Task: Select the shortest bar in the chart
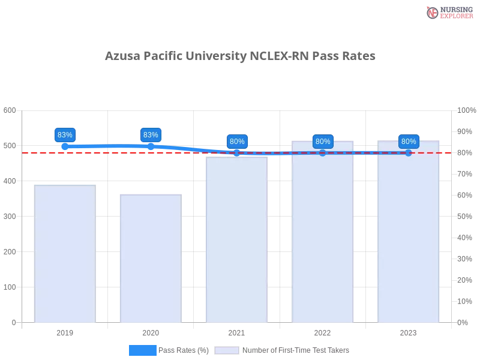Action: pyautogui.click(x=149, y=259)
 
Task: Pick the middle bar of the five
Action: pyautogui.click(x=235, y=240)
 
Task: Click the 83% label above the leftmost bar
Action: pyautogui.click(x=65, y=135)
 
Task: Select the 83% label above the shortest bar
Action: pyautogui.click(x=151, y=135)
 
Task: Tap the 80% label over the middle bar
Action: pyautogui.click(x=236, y=142)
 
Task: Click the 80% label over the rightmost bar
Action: pyautogui.click(x=409, y=142)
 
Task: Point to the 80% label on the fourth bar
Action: pyautogui.click(x=323, y=142)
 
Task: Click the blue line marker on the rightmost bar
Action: pyautogui.click(x=409, y=153)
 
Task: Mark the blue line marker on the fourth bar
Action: pyautogui.click(x=323, y=153)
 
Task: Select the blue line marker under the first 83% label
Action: pyautogui.click(x=65, y=146)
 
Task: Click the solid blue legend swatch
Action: pyautogui.click(x=142, y=350)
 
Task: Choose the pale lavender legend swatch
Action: pyautogui.click(x=227, y=350)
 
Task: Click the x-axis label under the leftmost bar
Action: pyautogui.click(x=65, y=332)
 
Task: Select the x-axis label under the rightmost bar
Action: pyautogui.click(x=408, y=332)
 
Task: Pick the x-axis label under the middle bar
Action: pyautogui.click(x=235, y=332)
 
